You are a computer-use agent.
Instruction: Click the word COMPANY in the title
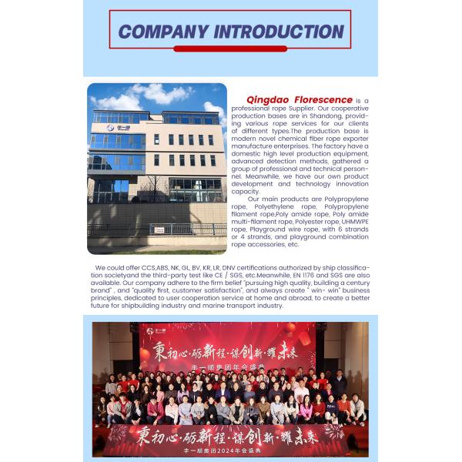[x=162, y=32]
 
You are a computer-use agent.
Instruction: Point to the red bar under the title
[x=230, y=49]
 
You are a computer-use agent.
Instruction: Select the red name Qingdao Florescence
[x=300, y=100]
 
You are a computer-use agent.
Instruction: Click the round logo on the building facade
[x=110, y=128]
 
